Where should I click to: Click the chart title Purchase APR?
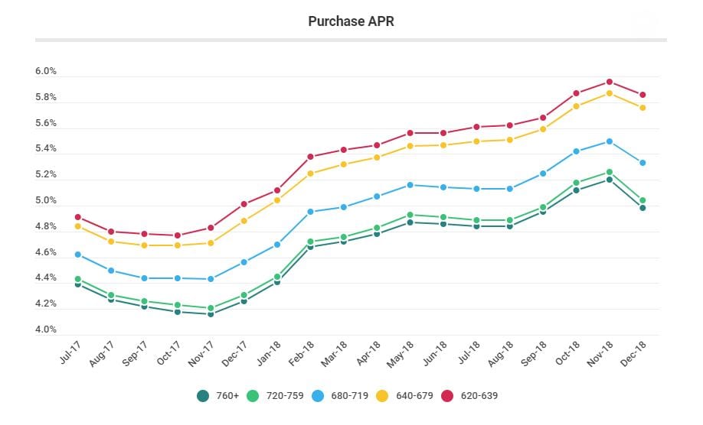351,21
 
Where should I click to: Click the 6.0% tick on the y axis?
46,72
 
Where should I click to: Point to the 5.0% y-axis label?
46,201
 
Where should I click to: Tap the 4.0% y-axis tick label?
46,330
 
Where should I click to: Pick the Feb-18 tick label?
302,352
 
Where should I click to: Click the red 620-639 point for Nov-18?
609,82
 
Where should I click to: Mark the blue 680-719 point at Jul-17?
78,255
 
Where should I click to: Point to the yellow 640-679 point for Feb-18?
311,174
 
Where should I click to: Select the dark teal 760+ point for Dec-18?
643,208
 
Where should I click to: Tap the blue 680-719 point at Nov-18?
609,141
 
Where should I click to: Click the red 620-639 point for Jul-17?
78,218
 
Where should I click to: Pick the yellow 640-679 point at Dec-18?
643,108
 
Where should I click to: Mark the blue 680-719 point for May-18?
410,185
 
